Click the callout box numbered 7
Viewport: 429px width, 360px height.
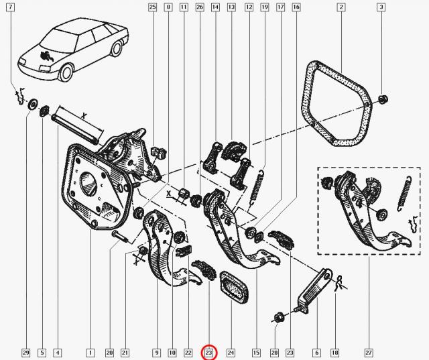point(11,7)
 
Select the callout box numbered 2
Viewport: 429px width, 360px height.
point(341,7)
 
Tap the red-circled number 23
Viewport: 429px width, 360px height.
point(209,353)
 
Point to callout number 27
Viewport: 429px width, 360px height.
point(369,353)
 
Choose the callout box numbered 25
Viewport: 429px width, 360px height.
point(152,7)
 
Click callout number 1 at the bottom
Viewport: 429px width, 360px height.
point(90,353)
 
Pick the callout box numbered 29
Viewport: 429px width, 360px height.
point(26,353)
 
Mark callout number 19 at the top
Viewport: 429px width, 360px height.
point(264,7)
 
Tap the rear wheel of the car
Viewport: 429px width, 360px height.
point(117,49)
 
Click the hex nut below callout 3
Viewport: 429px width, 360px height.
point(382,99)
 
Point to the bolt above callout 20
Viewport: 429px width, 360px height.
point(120,237)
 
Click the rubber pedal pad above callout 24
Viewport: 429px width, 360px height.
point(233,287)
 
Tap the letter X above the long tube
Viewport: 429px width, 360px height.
point(84,116)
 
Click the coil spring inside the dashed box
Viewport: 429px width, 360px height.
point(404,193)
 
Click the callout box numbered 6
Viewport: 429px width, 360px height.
point(317,353)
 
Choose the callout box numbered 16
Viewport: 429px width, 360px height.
point(296,7)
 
